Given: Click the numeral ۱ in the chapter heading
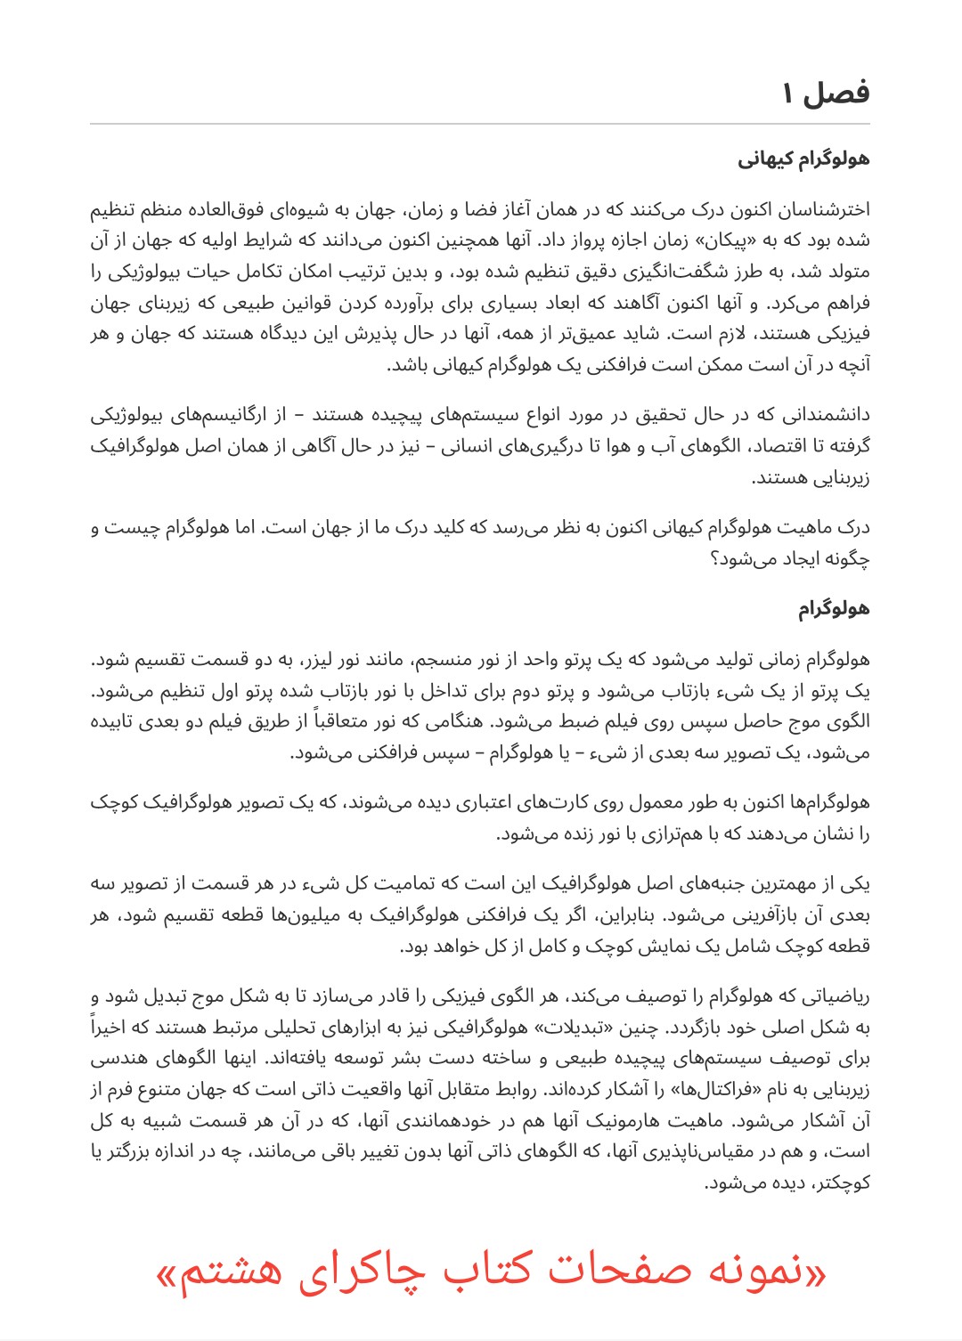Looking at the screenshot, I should tap(788, 93).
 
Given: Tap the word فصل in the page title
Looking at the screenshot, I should tap(837, 93).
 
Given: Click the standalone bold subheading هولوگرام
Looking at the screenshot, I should tap(834, 609).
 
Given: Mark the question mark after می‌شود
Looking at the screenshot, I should tap(713, 560).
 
